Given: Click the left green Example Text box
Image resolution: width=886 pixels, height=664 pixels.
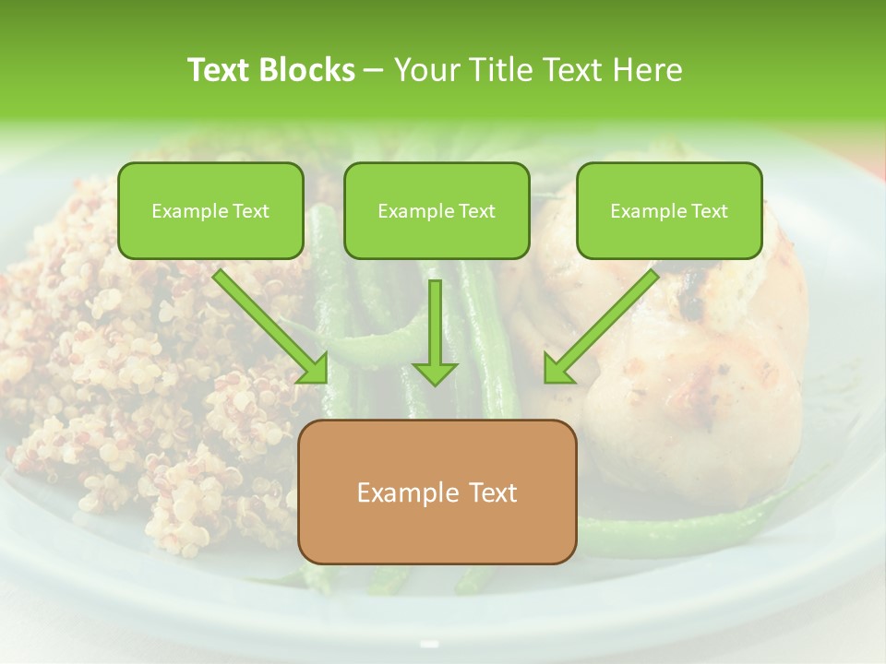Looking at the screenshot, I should (x=210, y=210).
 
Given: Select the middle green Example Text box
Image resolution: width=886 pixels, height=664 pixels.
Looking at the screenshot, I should (x=437, y=210).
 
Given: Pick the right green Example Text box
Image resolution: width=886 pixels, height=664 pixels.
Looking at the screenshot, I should (x=669, y=210).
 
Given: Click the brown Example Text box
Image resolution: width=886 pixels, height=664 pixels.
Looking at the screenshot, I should (x=437, y=492).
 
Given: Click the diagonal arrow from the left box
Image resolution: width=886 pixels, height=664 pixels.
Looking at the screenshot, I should (x=268, y=323).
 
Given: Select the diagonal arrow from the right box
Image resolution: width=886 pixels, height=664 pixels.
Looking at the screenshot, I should (x=605, y=323).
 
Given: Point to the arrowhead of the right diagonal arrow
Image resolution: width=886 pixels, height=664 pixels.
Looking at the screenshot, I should (x=557, y=370).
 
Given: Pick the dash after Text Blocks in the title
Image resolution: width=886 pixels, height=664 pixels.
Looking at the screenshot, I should (x=374, y=71).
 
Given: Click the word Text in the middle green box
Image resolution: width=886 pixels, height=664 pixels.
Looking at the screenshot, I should (x=476, y=211).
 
